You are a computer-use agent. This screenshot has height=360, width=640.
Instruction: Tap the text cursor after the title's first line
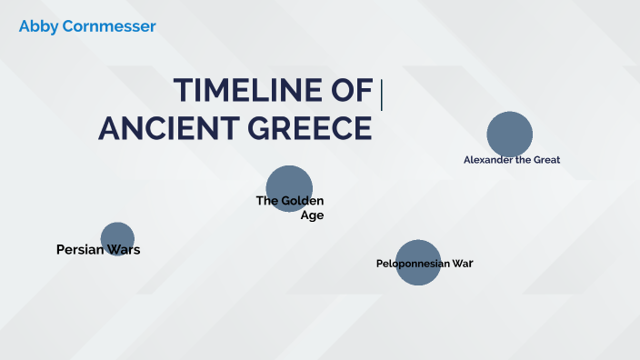coord(382,95)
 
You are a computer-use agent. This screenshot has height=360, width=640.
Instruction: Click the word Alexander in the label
coord(490,159)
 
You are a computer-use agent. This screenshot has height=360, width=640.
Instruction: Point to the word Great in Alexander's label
coord(547,159)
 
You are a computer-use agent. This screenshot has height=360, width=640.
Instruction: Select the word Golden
coord(302,200)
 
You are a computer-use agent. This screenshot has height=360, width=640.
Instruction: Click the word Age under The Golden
coord(312,215)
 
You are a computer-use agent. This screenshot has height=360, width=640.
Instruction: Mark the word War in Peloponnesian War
coord(463,264)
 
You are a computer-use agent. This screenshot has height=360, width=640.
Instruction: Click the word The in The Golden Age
coord(266,200)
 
